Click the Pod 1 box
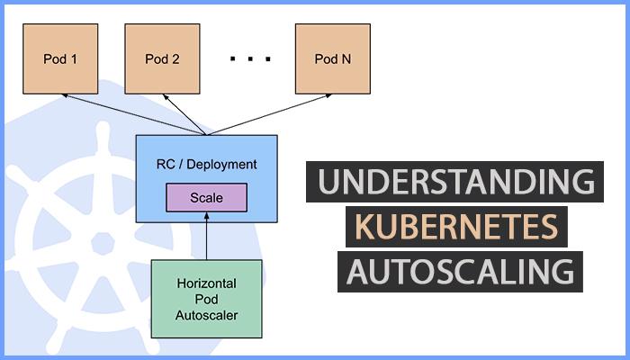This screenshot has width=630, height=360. (x=60, y=59)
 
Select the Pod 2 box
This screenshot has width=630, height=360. (x=162, y=59)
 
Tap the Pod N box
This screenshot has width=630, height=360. (x=332, y=59)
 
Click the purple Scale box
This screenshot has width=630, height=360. (x=206, y=197)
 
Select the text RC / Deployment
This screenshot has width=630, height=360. (x=206, y=165)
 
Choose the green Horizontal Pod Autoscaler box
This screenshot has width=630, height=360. (x=206, y=298)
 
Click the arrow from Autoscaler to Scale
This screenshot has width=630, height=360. (x=206, y=236)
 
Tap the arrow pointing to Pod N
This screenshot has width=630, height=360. (x=270, y=114)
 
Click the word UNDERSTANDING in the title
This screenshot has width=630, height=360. (x=455, y=183)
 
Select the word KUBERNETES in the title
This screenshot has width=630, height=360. (x=455, y=227)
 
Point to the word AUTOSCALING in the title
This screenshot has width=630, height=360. (x=459, y=271)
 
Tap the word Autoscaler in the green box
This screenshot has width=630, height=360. (x=206, y=315)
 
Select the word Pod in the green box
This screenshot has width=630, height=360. (x=206, y=298)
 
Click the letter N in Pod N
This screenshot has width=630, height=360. (x=346, y=59)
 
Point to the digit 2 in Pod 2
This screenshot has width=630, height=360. (x=175, y=59)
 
